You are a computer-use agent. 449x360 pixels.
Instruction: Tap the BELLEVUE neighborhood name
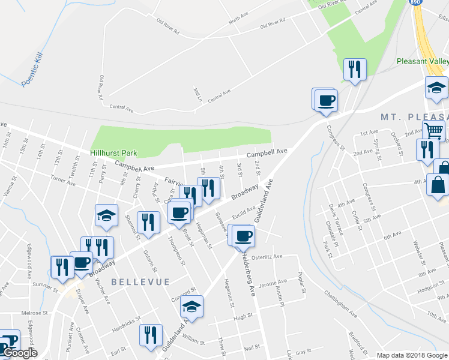[x=140, y=281]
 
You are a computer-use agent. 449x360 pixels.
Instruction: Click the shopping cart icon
[x=432, y=130]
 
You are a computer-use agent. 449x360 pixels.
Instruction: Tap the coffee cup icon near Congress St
[x=326, y=100]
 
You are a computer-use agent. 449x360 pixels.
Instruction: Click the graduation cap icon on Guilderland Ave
[x=192, y=307]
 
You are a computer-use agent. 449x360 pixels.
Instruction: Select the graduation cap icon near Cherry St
[x=106, y=215]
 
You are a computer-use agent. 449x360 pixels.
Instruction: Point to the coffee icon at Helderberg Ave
[x=243, y=236]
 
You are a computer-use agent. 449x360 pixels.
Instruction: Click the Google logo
[x=19, y=353]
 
